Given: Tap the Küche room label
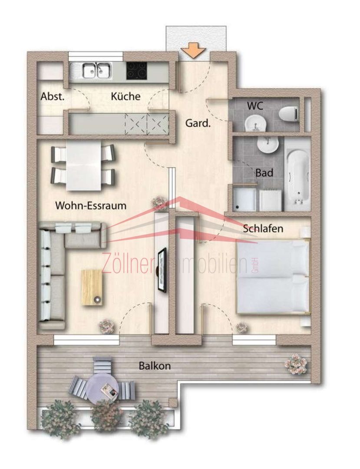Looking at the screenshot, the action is [x=126, y=96].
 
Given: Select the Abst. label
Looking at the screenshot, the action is [x=53, y=96].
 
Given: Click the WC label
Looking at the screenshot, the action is [x=255, y=106].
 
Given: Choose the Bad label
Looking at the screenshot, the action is [x=264, y=172].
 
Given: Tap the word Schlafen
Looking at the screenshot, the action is [x=263, y=228].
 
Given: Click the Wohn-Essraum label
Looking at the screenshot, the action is [x=91, y=205].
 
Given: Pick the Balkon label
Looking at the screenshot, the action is [x=155, y=366].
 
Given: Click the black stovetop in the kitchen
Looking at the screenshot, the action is [x=137, y=71].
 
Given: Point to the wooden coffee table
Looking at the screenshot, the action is [x=92, y=287].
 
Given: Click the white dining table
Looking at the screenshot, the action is [x=84, y=166].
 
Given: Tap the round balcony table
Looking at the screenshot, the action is [x=102, y=388].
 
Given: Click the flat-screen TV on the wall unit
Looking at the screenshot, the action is [x=162, y=270].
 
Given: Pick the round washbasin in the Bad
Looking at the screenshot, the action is [x=268, y=145].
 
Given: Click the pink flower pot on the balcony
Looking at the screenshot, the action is [x=296, y=363].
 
